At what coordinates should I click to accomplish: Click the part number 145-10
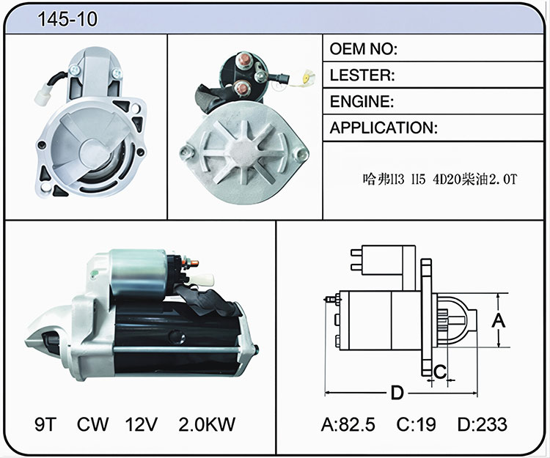click(67, 19)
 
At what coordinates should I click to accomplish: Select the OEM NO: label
click(364, 48)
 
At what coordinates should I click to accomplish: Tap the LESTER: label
click(362, 75)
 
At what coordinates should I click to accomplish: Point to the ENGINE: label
click(362, 101)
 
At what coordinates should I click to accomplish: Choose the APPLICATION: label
click(384, 128)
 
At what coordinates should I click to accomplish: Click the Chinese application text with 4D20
click(440, 179)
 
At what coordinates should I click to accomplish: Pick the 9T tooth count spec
click(45, 424)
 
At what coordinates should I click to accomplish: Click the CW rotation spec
click(92, 424)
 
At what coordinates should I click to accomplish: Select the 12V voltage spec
click(141, 424)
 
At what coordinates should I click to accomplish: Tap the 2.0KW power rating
click(207, 424)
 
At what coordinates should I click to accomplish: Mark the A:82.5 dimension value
click(348, 424)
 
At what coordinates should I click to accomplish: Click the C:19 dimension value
click(416, 424)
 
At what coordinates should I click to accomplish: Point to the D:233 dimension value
click(483, 424)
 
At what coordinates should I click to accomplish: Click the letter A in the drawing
click(498, 321)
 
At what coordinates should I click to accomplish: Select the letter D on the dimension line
click(397, 393)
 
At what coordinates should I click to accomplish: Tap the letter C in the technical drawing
click(440, 372)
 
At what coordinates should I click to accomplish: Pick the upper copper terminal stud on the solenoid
click(244, 61)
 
